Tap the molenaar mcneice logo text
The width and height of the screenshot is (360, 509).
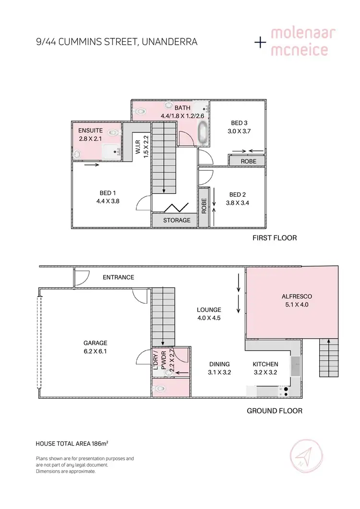coord(303,42)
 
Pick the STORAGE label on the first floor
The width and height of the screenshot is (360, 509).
coord(177,221)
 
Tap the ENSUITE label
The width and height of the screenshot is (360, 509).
coord(90,130)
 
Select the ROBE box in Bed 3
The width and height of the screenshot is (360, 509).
coord(248,162)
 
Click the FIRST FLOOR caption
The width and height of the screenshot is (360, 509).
coord(275,238)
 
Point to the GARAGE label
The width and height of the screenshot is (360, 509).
coord(95,343)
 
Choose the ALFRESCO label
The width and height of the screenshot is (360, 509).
coord(294,296)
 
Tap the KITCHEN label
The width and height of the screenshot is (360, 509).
coord(265,364)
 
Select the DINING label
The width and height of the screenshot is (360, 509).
coord(219,364)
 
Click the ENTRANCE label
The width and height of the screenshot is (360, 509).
coord(119,277)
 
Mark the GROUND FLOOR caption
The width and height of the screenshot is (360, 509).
coord(275,411)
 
